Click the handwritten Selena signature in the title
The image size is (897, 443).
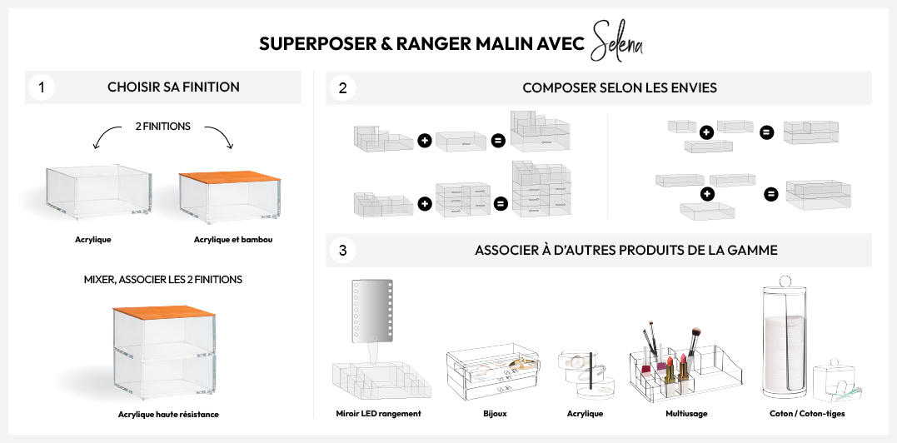click(616, 42)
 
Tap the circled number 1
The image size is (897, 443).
click(41, 87)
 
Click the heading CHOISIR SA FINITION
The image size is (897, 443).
click(173, 87)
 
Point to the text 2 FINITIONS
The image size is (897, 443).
click(163, 127)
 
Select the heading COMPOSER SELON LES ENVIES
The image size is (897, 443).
click(620, 87)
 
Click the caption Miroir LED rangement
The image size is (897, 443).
click(378, 413)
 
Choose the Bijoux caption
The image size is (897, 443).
click(494, 413)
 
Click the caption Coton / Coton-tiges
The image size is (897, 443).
click(807, 413)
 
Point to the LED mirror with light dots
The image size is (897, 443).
click(372, 311)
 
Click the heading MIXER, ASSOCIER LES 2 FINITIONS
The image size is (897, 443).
click(163, 280)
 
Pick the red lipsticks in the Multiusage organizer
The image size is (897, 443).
click(674, 366)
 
